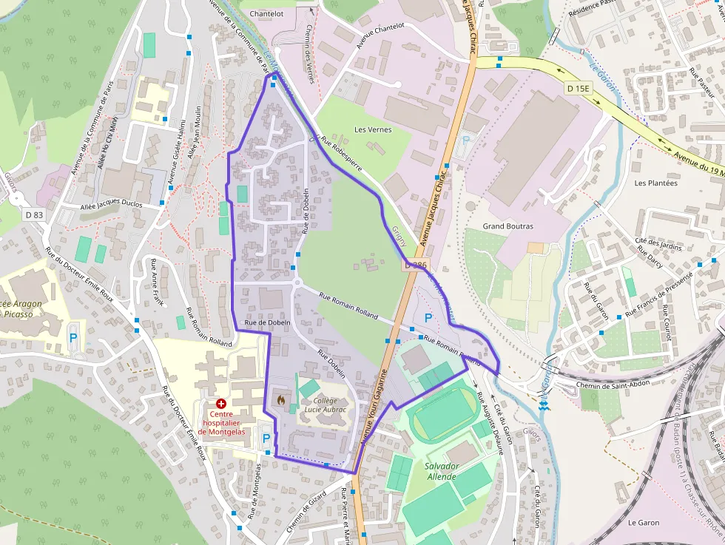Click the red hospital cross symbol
(220, 404)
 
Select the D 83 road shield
(34, 214)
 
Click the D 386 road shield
(416, 264)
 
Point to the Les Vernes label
(373, 129)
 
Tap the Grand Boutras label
(507, 226)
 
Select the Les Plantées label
(655, 183)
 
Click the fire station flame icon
(280, 399)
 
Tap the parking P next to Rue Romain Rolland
(428, 318)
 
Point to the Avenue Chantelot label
(380, 35)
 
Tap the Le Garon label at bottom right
(643, 523)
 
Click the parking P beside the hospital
(266, 438)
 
